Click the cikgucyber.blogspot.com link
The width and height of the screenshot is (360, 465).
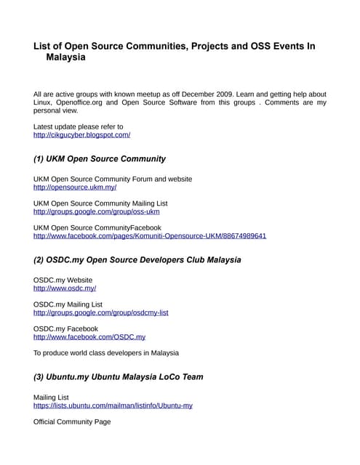click(81, 135)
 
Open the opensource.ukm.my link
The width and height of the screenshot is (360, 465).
click(75, 187)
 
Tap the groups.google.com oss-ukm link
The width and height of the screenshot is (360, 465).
click(96, 211)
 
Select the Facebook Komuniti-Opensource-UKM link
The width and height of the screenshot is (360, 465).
click(150, 236)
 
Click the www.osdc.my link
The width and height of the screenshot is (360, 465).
click(65, 288)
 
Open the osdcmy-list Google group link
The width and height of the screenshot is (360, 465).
click(101, 312)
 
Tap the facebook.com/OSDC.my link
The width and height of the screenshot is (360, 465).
click(89, 337)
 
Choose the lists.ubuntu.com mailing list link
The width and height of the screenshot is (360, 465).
click(113, 405)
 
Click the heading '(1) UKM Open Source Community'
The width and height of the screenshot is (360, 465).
click(100, 158)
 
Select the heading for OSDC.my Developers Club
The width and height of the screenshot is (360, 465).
click(137, 259)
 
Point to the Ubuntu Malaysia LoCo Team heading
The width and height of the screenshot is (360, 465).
click(119, 377)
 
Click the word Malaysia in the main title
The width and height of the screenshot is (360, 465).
click(66, 57)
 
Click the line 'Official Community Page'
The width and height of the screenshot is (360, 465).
click(72, 421)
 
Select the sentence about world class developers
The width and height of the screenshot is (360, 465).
click(106, 353)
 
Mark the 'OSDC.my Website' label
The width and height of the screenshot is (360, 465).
click(63, 280)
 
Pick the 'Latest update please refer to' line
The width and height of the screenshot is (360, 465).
click(78, 126)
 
